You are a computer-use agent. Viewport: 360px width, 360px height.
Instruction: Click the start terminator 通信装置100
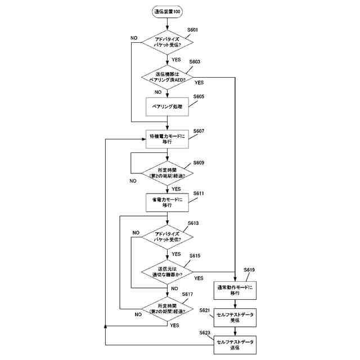pyautogui.click(x=168, y=11)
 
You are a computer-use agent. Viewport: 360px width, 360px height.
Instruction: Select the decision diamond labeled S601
pyautogui.click(x=168, y=43)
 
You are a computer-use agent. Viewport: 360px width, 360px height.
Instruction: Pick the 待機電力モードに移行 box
pyautogui.click(x=168, y=138)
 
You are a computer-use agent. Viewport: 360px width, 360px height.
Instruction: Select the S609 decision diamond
pyautogui.click(x=168, y=172)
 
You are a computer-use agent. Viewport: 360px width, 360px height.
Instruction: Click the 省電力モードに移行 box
pyautogui.click(x=168, y=202)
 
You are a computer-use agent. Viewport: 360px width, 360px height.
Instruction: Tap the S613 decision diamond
pyautogui.click(x=168, y=236)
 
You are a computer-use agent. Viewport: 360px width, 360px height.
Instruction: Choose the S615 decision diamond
pyautogui.click(x=168, y=271)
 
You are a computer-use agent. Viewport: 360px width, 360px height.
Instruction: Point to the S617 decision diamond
pyautogui.click(x=168, y=307)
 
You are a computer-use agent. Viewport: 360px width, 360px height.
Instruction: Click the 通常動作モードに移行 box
pyautogui.click(x=235, y=290)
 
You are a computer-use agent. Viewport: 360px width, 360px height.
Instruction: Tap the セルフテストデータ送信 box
pyautogui.click(x=235, y=344)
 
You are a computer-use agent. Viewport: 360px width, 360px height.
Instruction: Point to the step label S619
pyautogui.click(x=249, y=270)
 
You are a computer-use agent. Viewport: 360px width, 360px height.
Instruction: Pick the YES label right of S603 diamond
pyautogui.click(x=199, y=82)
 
